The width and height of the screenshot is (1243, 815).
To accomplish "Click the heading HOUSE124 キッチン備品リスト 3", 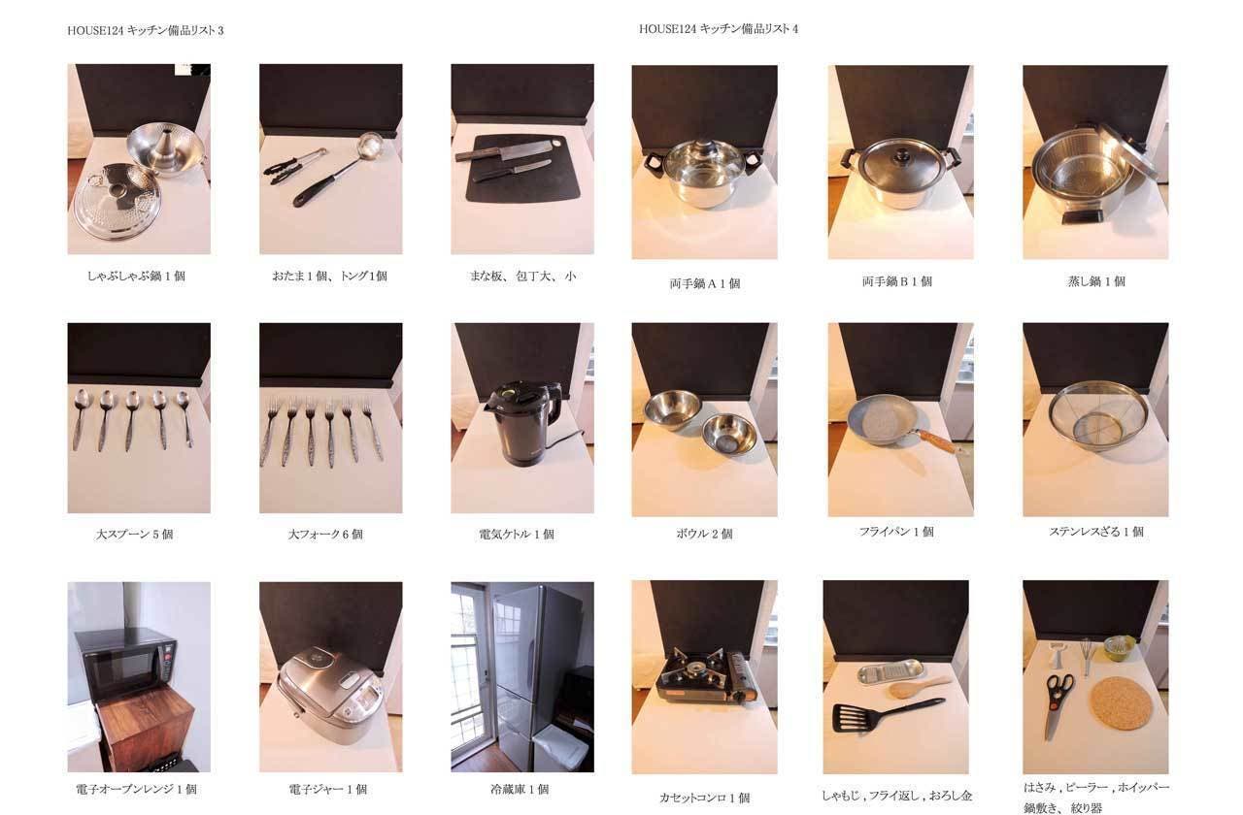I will point(146,30).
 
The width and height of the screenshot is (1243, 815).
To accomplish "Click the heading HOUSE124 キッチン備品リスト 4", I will point(718,29).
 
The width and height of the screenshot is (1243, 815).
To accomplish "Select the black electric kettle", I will point(522,422).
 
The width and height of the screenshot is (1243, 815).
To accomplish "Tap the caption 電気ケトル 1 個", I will point(517,534).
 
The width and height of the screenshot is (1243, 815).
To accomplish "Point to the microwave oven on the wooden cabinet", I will point(126,662).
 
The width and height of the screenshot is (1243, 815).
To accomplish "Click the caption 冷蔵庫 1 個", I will point(520,789).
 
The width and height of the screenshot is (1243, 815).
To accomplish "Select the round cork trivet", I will point(1121,703).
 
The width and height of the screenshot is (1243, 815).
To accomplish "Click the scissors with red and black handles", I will point(1057,701).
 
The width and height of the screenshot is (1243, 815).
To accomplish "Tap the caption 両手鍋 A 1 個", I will point(705,283).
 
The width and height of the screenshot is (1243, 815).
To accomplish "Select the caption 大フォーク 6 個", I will point(325,534).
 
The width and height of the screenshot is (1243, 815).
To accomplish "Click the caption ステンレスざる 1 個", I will point(1096,532).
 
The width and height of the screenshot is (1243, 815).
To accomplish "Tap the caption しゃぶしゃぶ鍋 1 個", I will point(136,276).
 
